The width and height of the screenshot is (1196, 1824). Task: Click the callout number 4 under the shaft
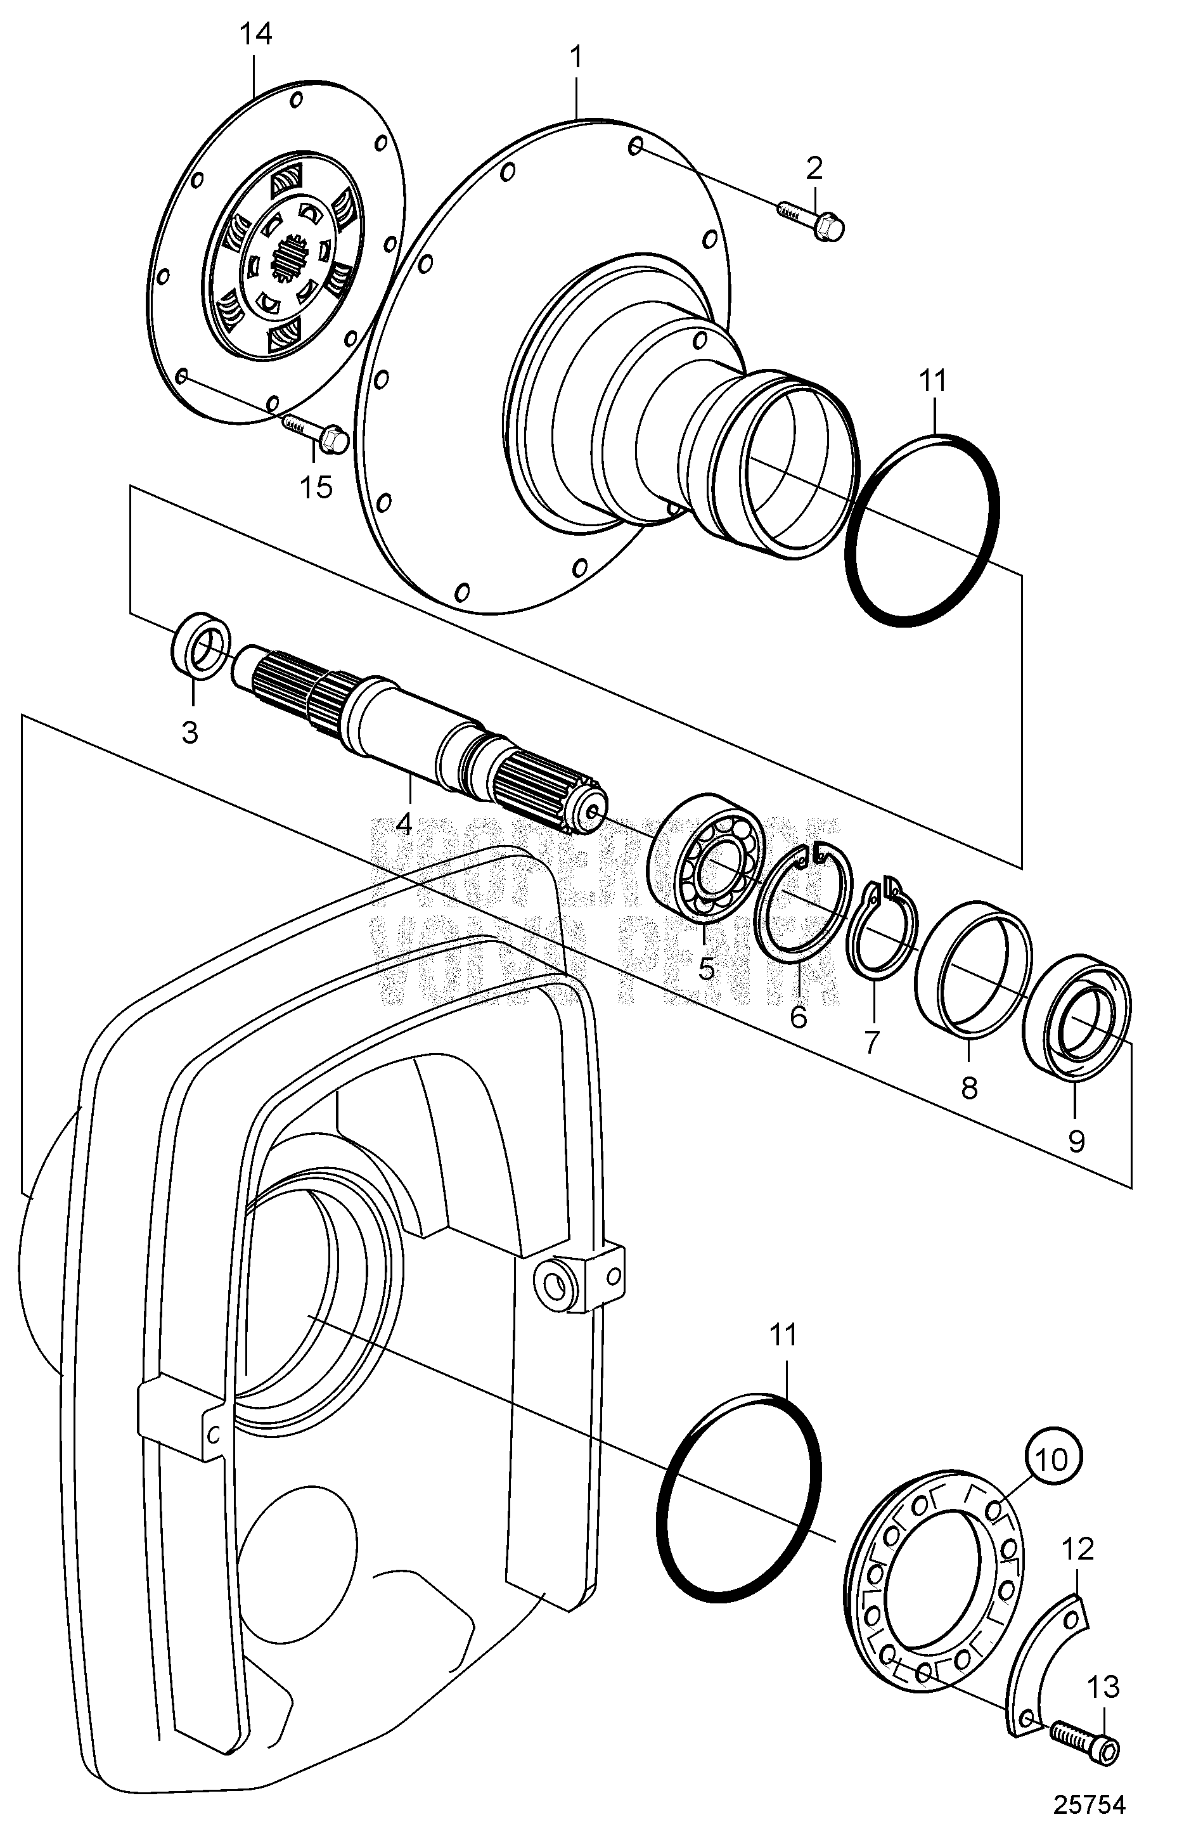(404, 824)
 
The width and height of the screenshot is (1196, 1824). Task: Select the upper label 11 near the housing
(932, 381)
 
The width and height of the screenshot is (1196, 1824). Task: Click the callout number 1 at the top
(576, 58)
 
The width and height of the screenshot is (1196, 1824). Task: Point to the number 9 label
(1076, 1142)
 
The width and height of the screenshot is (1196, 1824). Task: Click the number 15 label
(316, 487)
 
